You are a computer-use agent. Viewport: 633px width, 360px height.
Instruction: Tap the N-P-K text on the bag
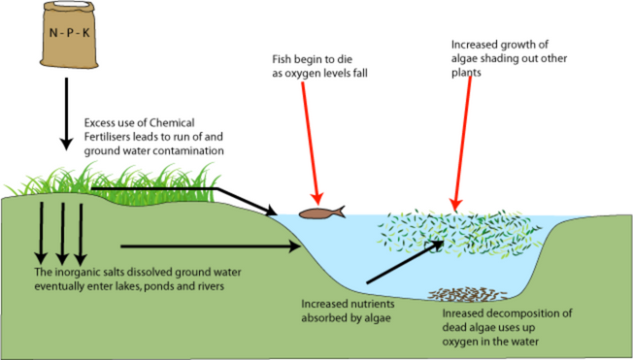[x=69, y=33]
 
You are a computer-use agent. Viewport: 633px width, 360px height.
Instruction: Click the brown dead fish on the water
[x=321, y=213]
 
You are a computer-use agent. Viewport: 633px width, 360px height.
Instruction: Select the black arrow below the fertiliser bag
[x=66, y=114]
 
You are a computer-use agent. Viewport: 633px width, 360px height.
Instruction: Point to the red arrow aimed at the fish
[x=311, y=144]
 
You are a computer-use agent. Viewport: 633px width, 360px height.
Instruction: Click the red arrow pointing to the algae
[x=463, y=144]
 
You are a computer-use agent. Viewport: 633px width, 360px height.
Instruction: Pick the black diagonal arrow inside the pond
[x=405, y=262]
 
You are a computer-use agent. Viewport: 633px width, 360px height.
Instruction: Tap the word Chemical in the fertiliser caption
[x=172, y=122]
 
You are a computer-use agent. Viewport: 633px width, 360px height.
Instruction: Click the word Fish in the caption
[x=282, y=59]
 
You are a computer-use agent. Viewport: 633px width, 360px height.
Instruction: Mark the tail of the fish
[x=341, y=212]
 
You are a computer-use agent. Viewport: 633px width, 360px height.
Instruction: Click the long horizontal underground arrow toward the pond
[x=211, y=246]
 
